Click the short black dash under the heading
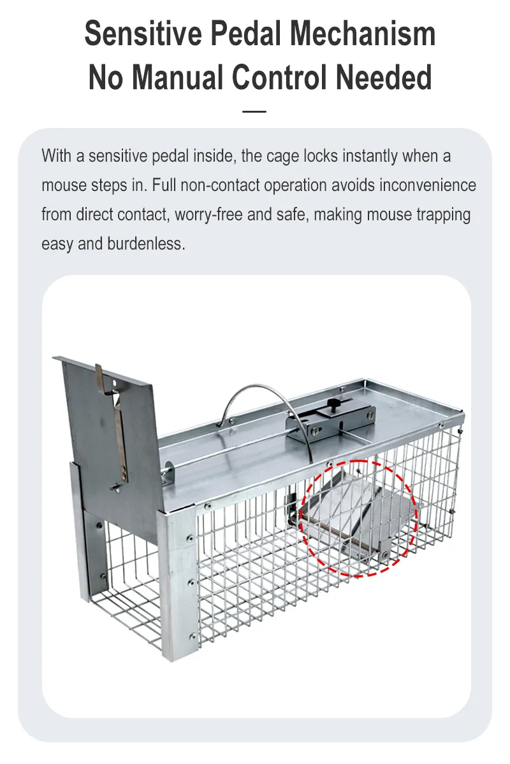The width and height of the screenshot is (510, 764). pos(255,111)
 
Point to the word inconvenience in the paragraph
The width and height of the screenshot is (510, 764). pos(428,185)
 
